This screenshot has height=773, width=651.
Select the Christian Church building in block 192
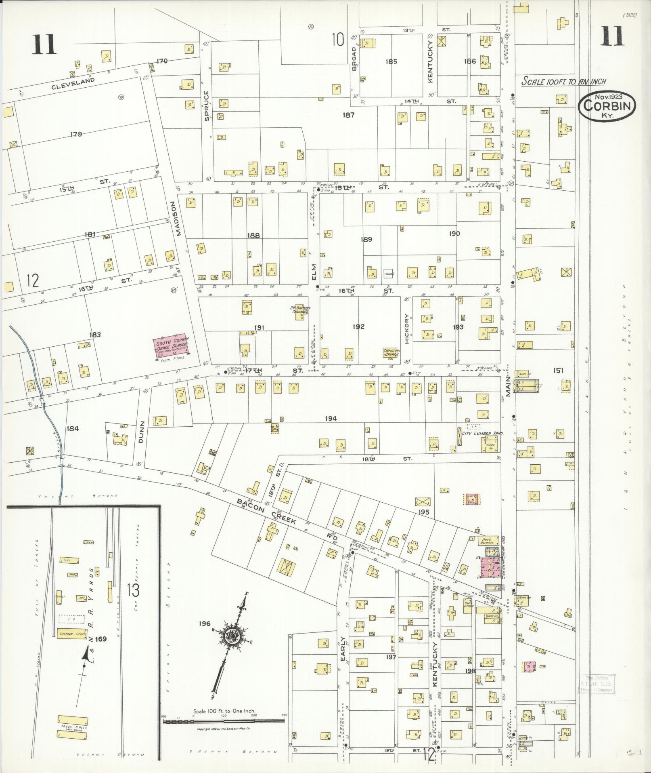[391, 353]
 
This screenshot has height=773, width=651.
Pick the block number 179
[76, 134]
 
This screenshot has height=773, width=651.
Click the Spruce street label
[207, 106]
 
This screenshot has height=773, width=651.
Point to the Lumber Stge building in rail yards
[72, 634]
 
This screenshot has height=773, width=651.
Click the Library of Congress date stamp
[597, 683]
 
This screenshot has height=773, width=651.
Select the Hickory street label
[407, 329]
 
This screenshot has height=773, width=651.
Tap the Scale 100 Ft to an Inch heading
[563, 81]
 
